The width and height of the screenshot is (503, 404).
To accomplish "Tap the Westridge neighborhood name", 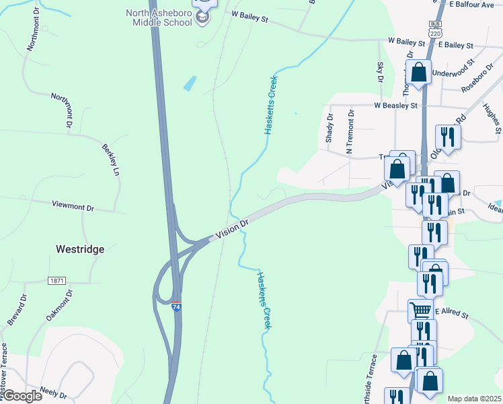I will click(x=79, y=249).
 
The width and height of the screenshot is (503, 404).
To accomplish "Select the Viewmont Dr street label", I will click(x=73, y=204).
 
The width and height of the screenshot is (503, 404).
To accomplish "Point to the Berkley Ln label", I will click(x=110, y=160).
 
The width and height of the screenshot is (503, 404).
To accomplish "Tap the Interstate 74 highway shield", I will click(x=176, y=306).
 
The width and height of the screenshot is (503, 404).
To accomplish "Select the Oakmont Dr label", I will click(x=59, y=305).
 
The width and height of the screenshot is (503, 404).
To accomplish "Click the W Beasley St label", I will click(x=396, y=106).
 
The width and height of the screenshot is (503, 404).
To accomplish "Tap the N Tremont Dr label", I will click(x=350, y=132).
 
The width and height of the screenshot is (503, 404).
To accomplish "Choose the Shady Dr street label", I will click(x=330, y=126).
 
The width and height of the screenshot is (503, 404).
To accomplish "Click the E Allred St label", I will click(x=455, y=312).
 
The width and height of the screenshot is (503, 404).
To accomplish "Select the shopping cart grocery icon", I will click(x=420, y=310).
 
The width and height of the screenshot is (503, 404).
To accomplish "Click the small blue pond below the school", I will click(x=190, y=83).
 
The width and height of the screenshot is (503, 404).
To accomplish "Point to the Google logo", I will click(x=22, y=396).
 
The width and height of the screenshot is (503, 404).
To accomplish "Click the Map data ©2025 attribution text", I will click(x=474, y=399).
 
